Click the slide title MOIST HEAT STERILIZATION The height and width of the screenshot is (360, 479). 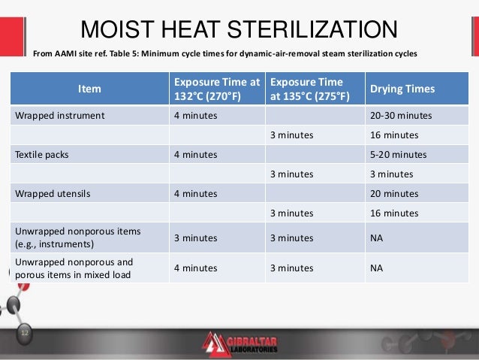239,30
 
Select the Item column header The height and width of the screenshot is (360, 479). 89,89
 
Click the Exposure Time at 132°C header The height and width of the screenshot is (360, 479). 216,89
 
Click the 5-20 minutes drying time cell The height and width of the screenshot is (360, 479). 398,154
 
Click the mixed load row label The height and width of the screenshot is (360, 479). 74,268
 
